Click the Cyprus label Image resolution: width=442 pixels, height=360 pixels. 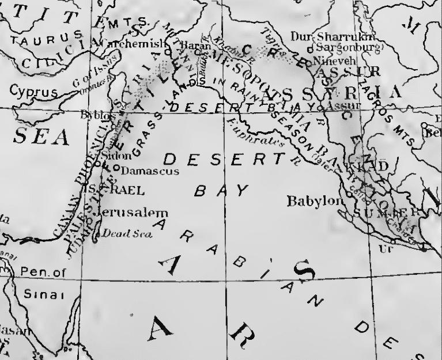(x=34, y=92)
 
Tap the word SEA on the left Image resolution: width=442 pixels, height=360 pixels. (x=41, y=137)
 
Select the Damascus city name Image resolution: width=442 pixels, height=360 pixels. (x=150, y=171)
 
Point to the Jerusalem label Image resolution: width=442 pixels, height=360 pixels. (x=132, y=213)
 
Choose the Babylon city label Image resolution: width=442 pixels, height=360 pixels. (x=315, y=202)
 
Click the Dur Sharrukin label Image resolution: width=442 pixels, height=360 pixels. (x=327, y=37)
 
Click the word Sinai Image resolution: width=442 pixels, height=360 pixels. (x=39, y=294)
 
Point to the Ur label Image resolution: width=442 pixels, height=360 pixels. (x=385, y=249)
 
